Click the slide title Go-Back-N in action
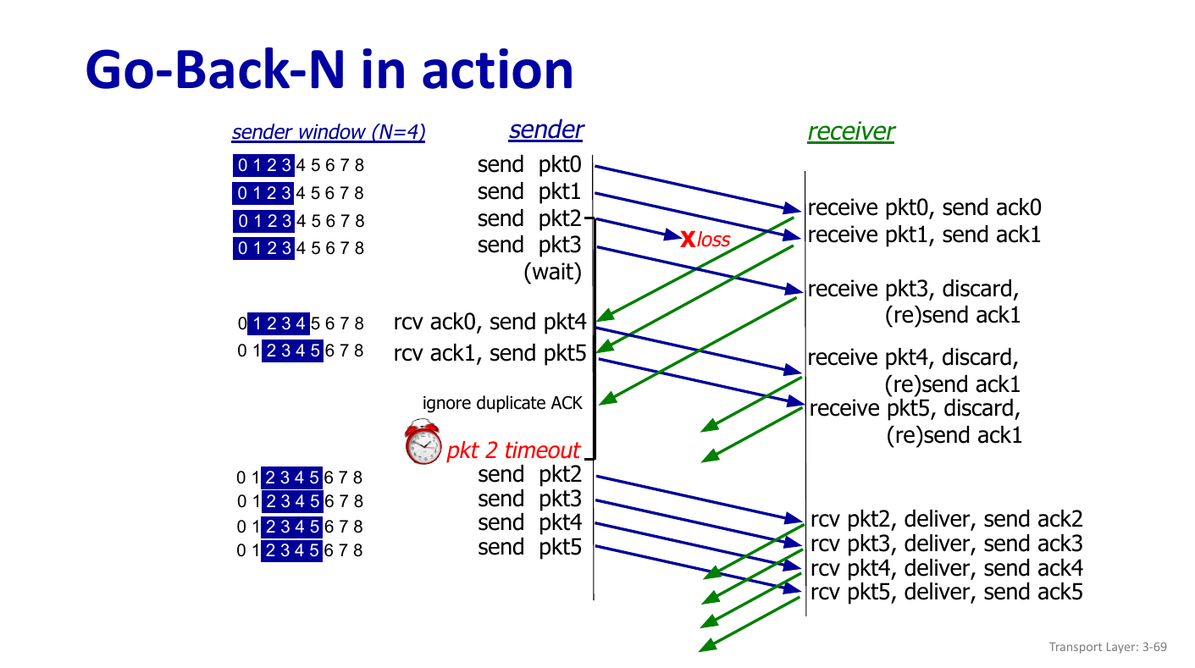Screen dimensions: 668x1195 click(x=329, y=69)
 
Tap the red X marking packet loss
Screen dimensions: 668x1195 click(x=688, y=239)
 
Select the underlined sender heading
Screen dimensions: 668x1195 click(x=545, y=130)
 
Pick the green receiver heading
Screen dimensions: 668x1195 click(x=850, y=131)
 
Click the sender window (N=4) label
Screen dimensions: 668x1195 click(x=328, y=133)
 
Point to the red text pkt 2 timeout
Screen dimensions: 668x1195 click(x=513, y=450)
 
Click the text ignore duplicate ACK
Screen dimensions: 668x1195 click(x=502, y=403)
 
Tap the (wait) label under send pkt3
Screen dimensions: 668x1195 click(x=552, y=272)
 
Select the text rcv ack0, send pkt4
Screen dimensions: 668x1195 click(x=490, y=322)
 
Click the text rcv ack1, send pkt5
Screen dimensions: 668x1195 click(x=490, y=352)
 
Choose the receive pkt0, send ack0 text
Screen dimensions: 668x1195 click(x=924, y=208)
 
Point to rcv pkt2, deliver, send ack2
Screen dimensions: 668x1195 click(x=946, y=519)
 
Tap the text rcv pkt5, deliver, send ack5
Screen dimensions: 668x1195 click(x=946, y=592)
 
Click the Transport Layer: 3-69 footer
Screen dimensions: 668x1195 click(x=1107, y=647)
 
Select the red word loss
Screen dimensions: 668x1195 click(x=713, y=240)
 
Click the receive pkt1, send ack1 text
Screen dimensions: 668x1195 click(x=924, y=235)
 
